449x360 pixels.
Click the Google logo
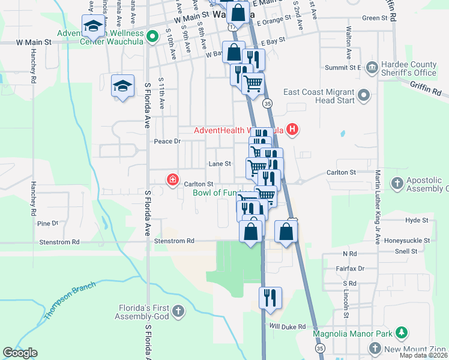20,353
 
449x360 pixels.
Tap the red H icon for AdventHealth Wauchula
292,129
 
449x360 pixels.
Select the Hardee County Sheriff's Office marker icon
372,66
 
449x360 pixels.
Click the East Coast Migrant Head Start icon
363,95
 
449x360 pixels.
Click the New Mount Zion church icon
375,349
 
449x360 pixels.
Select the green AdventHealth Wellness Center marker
152,37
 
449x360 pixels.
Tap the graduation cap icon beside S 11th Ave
122,85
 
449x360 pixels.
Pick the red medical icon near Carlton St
173,179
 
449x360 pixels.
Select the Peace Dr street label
167,142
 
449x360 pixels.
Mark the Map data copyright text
423,355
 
